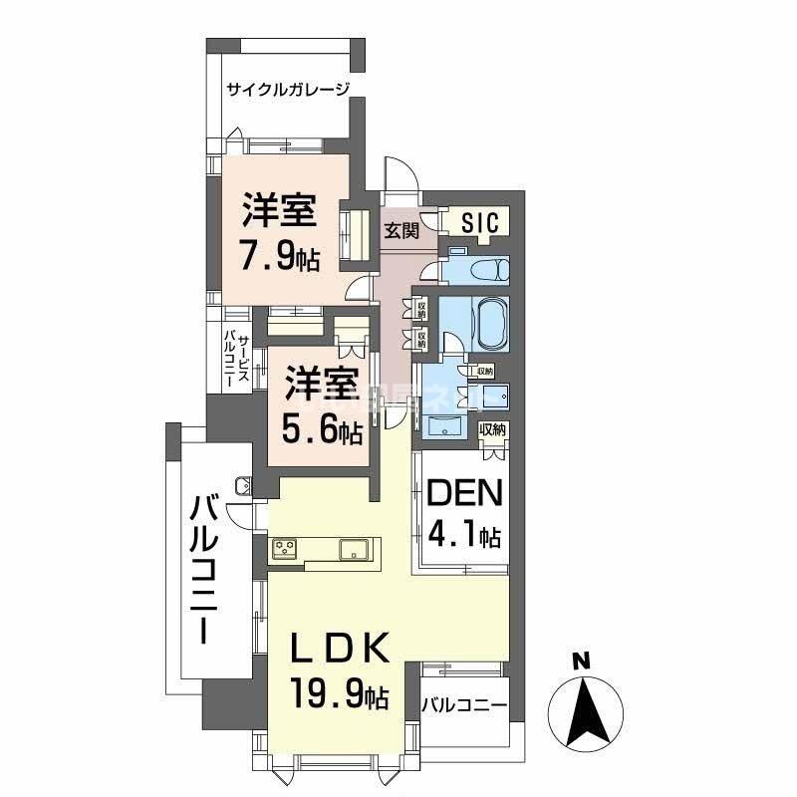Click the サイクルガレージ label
click(x=289, y=90)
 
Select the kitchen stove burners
click(x=284, y=547)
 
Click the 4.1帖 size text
click(x=464, y=536)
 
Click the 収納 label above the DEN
click(x=492, y=429)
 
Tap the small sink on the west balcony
click(x=243, y=486)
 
